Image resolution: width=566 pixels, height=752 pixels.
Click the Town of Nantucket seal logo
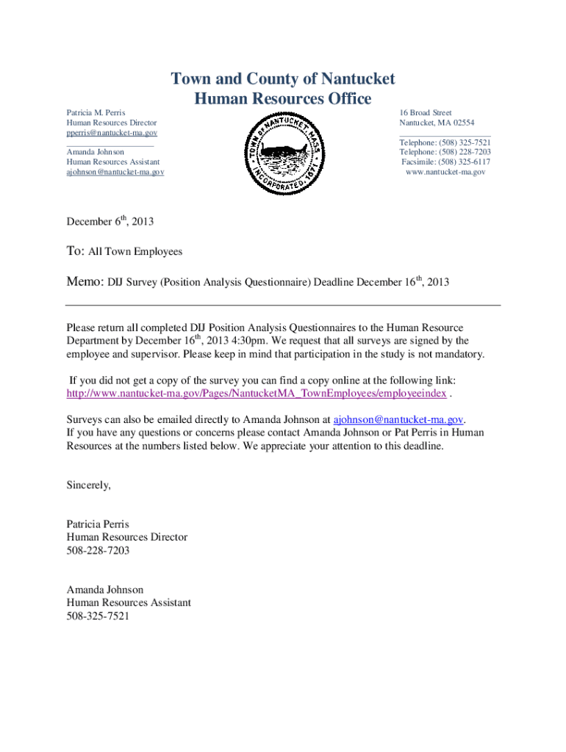[284, 153]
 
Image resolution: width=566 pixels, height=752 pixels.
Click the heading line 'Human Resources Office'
[283, 98]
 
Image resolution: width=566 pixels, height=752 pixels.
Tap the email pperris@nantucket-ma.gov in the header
[112, 133]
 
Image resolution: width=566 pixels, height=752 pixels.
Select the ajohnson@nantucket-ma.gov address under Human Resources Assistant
[115, 171]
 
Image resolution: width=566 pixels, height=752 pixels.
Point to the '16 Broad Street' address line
[426, 113]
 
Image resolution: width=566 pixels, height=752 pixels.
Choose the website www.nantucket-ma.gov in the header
[445, 171]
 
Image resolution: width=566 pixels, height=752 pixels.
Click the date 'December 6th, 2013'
[110, 221]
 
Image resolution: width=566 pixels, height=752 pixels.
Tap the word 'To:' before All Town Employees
[76, 251]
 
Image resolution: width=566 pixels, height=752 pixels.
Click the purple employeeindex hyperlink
[256, 394]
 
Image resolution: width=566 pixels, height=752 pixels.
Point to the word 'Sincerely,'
[89, 485]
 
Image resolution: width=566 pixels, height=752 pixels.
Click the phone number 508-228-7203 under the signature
[98, 550]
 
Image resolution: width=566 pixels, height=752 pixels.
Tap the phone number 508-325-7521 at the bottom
[98, 616]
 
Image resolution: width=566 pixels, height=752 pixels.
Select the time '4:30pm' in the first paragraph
[251, 341]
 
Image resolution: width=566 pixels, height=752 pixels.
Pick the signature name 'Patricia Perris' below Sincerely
[98, 524]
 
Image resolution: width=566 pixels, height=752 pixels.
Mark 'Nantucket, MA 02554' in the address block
[437, 123]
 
